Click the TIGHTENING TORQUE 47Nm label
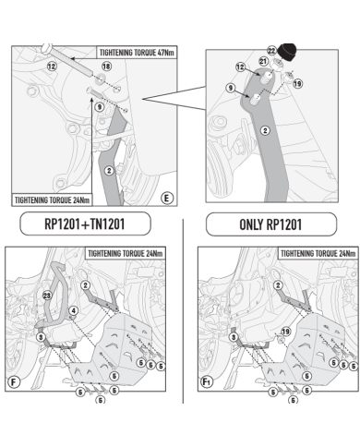(x=137, y=53)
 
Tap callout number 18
(x=106, y=66)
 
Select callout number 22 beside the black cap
(x=271, y=51)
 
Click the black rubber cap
(x=287, y=52)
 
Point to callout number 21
(x=263, y=61)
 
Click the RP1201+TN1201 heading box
(x=85, y=223)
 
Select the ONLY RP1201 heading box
(x=271, y=224)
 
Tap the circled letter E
(x=166, y=199)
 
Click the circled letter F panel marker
(x=14, y=382)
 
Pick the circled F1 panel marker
(x=207, y=382)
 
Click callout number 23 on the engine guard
(x=47, y=296)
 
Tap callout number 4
(x=73, y=310)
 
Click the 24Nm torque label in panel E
(x=52, y=200)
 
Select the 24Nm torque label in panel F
(x=126, y=254)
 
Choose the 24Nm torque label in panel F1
(x=318, y=254)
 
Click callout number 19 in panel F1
(x=286, y=332)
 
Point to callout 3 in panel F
(x=41, y=337)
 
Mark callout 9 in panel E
(x=99, y=107)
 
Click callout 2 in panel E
(x=109, y=170)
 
